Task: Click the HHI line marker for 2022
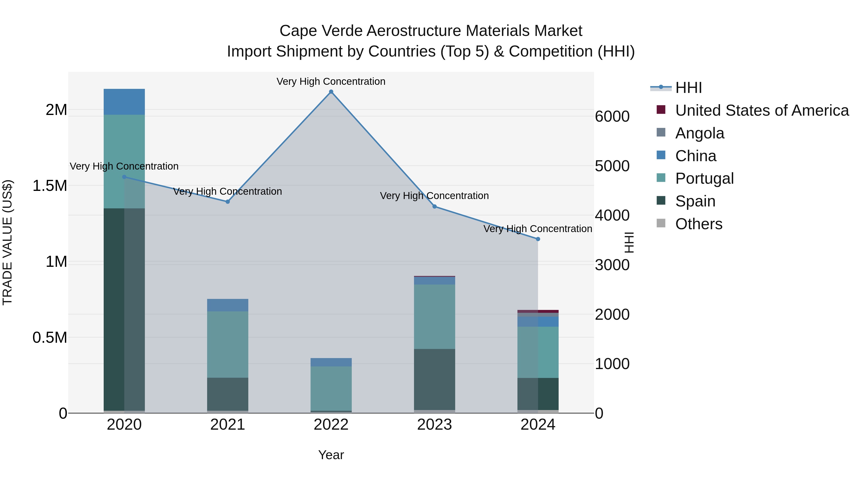click(331, 92)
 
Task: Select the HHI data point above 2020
click(124, 177)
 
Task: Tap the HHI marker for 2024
click(538, 239)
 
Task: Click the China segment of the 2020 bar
click(124, 102)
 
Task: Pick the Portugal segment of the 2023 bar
click(434, 317)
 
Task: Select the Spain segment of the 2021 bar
click(227, 394)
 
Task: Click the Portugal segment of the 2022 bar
click(331, 388)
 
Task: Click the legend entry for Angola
click(699, 133)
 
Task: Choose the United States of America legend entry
click(762, 110)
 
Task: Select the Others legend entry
click(698, 224)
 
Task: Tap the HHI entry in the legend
click(688, 88)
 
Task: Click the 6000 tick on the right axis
click(612, 116)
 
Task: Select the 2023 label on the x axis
click(434, 425)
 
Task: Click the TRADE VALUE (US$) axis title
click(7, 242)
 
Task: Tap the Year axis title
click(331, 455)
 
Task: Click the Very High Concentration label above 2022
click(331, 81)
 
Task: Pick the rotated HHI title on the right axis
click(629, 242)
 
